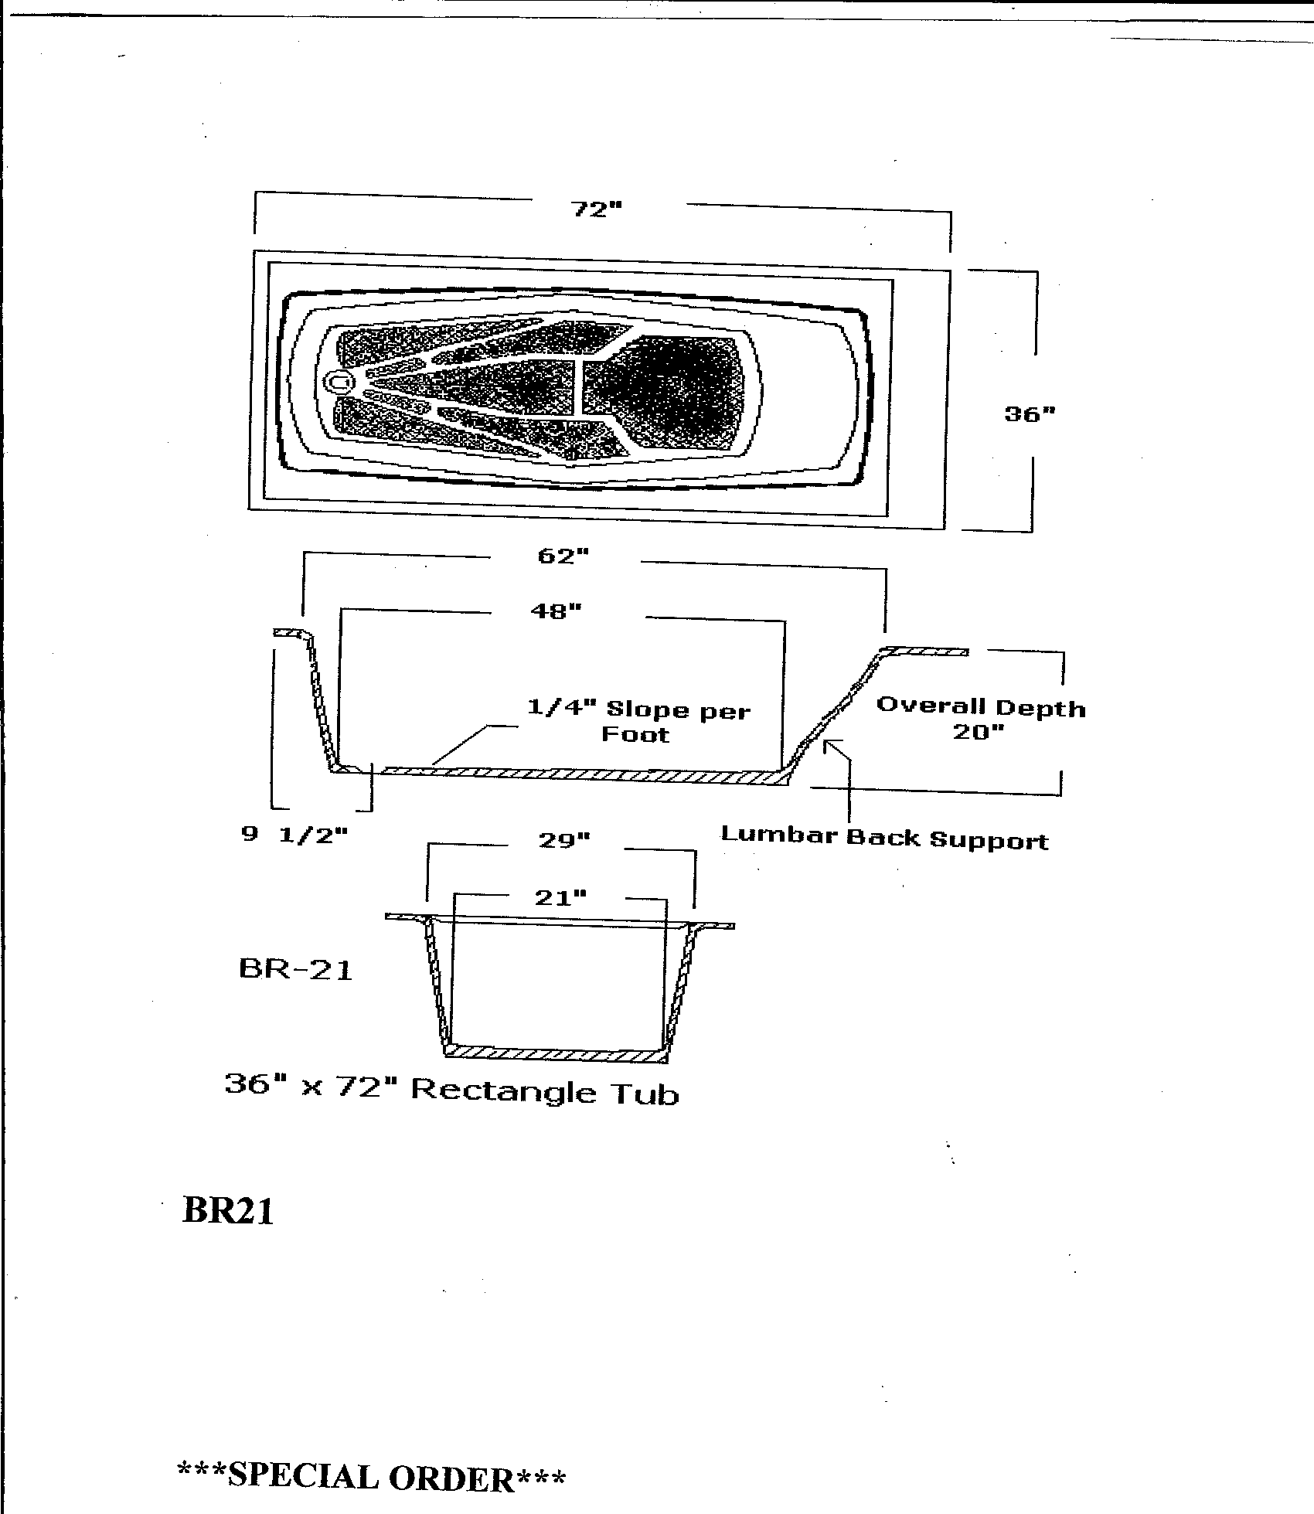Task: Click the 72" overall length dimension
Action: (596, 209)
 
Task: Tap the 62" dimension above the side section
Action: (563, 556)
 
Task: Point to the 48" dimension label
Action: (556, 611)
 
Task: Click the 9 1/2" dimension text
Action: (294, 835)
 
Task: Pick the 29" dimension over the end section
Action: (564, 840)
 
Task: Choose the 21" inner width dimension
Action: (560, 897)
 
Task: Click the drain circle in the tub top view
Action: (339, 381)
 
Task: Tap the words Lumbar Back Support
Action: (884, 838)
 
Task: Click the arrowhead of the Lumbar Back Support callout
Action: (829, 744)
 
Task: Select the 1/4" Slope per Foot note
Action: (638, 721)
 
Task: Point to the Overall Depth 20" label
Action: (981, 719)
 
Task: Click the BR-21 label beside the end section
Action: (296, 968)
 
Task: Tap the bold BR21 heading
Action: (228, 1210)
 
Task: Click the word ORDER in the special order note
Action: (451, 1477)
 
